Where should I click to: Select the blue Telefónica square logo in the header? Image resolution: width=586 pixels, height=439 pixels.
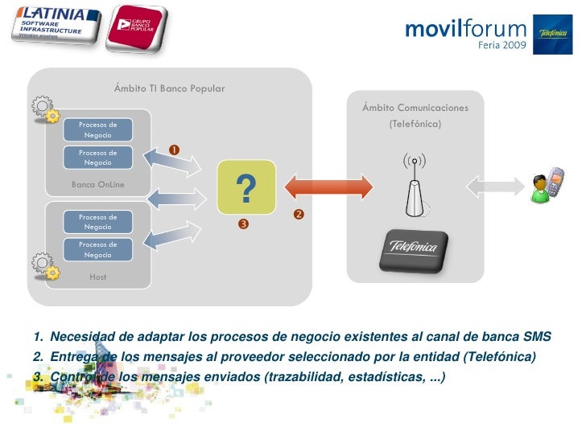pos(553,35)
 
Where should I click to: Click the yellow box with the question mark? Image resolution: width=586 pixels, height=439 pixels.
pos(246,187)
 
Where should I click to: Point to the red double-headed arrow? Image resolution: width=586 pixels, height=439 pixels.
pos(330,186)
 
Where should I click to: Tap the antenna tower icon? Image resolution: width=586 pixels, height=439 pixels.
pos(414,186)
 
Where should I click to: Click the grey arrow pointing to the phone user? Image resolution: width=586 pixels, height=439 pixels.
pos(495,187)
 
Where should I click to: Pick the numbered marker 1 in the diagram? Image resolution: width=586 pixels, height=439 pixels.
pos(174,150)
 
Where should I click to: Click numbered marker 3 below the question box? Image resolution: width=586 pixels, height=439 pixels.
pos(241,224)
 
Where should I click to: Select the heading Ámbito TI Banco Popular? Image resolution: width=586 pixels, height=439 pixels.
pos(169,88)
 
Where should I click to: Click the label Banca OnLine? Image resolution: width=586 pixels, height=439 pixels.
pos(97,185)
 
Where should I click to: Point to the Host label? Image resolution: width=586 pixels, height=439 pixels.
pos(97,277)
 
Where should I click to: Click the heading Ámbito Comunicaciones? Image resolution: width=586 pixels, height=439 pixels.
pos(415,108)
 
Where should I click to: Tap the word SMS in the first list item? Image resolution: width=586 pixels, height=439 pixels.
pos(537,336)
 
